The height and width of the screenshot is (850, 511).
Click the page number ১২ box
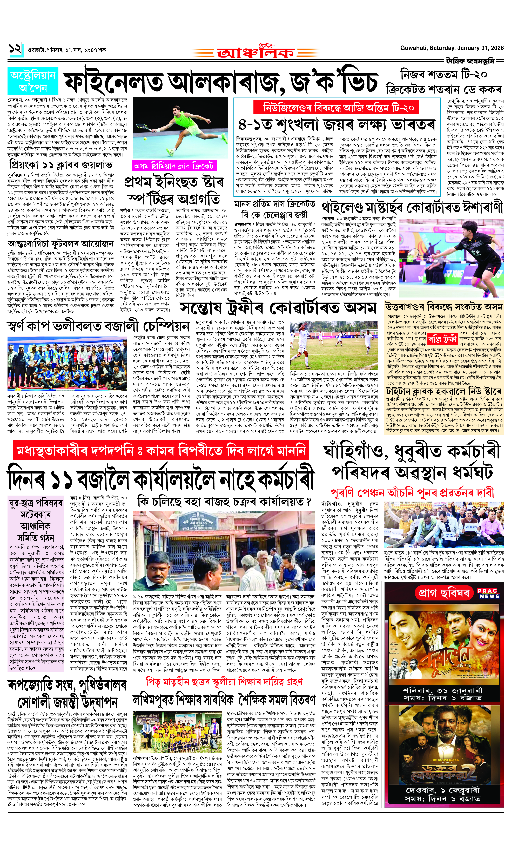pos(15,49)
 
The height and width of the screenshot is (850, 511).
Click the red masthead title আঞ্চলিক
pos(255,52)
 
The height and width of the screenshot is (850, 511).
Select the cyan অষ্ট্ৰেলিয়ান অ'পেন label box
pos(33,81)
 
